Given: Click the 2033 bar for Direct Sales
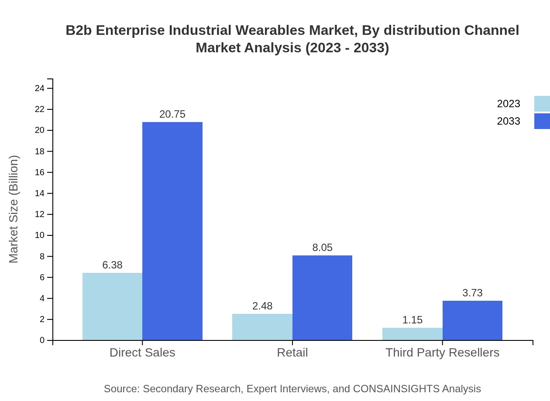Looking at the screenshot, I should click(172, 231).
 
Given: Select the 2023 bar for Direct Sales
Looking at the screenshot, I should click(112, 306).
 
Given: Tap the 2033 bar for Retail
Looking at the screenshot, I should click(322, 298).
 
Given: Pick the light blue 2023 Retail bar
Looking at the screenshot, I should click(262, 327).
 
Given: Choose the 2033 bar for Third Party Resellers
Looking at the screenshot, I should click(472, 320).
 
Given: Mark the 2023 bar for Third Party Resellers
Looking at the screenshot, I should click(412, 334).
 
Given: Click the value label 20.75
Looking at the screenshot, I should click(172, 114).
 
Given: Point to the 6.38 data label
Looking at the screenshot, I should click(112, 265).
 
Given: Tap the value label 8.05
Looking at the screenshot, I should click(322, 248).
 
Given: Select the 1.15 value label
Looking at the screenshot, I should click(412, 320).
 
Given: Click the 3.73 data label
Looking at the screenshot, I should click(472, 293).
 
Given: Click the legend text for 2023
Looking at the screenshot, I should click(509, 104).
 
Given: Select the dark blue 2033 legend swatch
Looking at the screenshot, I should click(542, 121).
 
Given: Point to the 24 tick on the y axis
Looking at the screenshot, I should click(40, 88).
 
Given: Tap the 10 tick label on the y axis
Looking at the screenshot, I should click(40, 235).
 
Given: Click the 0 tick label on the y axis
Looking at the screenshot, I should click(42, 340).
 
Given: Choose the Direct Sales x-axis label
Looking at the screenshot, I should click(142, 353).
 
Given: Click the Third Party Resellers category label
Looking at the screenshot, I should click(442, 353).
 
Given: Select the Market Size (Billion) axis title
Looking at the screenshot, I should click(14, 209).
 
